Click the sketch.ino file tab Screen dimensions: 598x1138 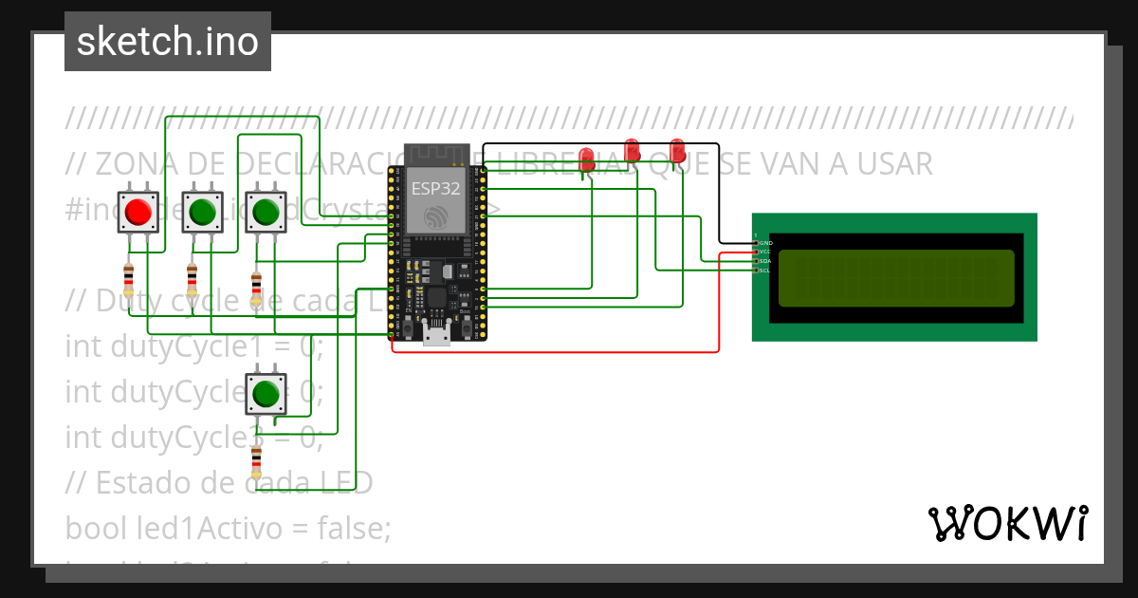[x=168, y=42]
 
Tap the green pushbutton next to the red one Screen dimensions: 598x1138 [x=202, y=211]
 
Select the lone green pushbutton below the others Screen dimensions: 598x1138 [x=266, y=393]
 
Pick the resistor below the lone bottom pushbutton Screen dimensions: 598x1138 [x=255, y=462]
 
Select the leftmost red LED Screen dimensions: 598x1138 [x=587, y=157]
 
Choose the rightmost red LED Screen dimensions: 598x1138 [x=677, y=150]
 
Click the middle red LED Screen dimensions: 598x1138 [x=633, y=149]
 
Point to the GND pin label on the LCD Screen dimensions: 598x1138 [x=765, y=243]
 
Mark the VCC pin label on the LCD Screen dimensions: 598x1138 [x=765, y=252]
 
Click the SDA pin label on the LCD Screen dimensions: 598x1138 [x=765, y=261]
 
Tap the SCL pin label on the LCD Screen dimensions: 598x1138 [x=765, y=271]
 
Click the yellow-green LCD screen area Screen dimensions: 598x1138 [x=896, y=278]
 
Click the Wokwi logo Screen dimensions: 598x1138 [x=1007, y=523]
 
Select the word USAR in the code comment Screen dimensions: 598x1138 [x=895, y=164]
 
